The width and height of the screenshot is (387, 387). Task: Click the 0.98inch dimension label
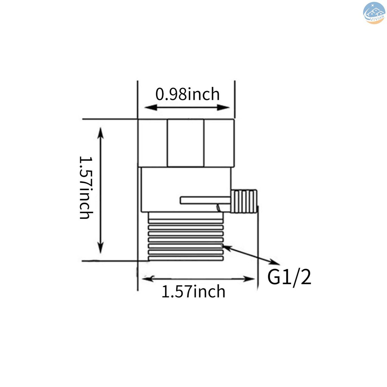click(187, 94)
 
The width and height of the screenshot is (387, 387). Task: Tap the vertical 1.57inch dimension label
click(86, 187)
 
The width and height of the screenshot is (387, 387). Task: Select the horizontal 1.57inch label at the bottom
click(193, 291)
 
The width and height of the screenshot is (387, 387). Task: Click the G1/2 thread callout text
click(289, 278)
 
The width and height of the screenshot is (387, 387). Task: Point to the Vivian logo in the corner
click(374, 13)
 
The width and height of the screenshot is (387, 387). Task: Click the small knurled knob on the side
click(244, 201)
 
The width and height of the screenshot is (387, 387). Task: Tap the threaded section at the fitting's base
click(186, 237)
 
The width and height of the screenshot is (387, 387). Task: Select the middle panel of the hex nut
click(186, 143)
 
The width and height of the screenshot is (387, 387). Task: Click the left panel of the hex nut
click(153, 143)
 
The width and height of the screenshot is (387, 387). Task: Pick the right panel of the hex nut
click(219, 143)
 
